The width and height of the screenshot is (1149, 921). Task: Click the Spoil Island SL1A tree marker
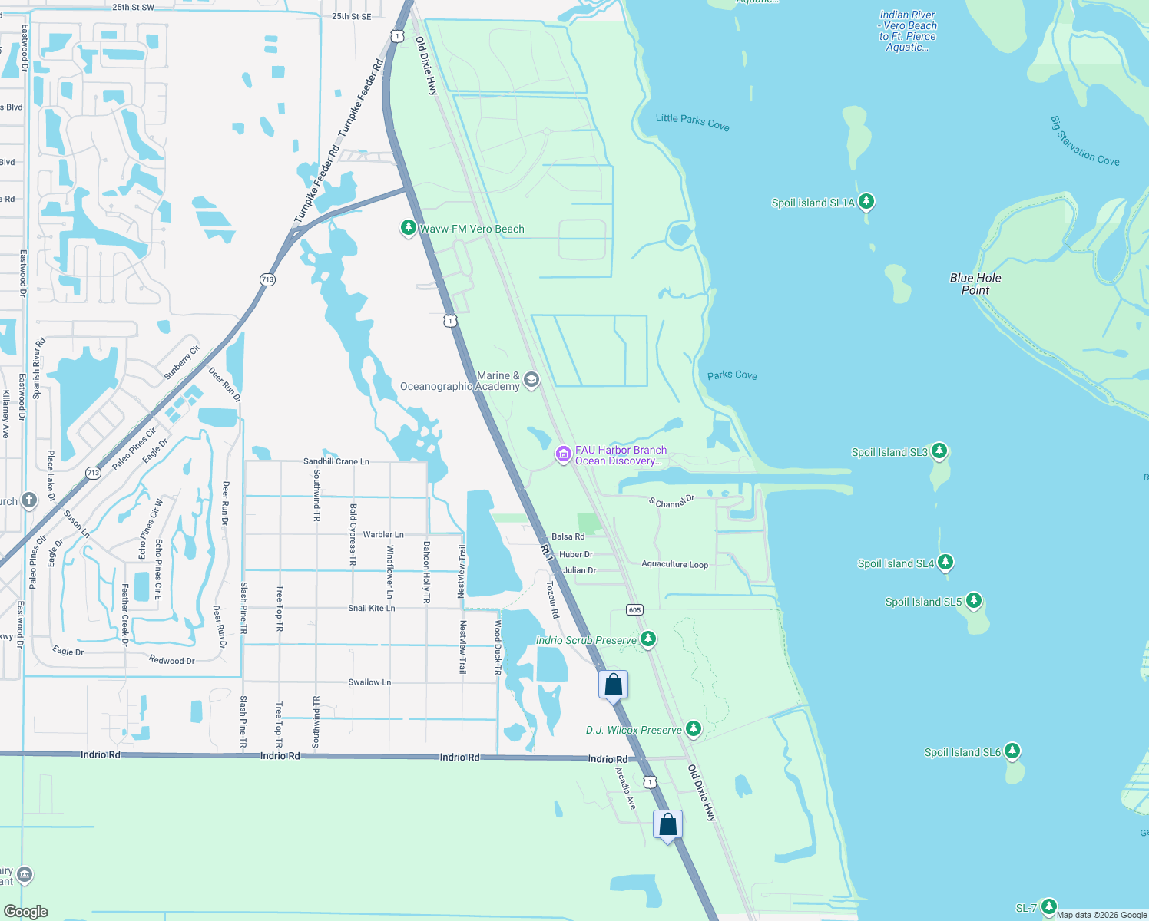coord(866,202)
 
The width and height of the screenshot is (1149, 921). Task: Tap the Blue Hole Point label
coord(975,284)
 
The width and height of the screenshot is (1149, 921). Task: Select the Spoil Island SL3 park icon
coord(939,451)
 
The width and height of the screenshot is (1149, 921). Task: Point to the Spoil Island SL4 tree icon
coord(945,563)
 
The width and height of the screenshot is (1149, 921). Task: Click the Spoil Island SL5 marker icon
coord(973,601)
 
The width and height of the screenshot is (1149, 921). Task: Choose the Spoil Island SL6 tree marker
coord(1012,751)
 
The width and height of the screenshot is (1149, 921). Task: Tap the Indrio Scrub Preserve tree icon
coord(648,639)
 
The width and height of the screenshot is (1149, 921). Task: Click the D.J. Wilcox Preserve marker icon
coord(694,729)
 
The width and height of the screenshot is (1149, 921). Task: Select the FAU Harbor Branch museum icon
coord(564,455)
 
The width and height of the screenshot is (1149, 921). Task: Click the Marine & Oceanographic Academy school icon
coord(531,381)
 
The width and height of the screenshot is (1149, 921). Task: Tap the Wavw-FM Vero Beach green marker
coord(409,228)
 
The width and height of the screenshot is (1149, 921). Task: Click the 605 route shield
coord(634,610)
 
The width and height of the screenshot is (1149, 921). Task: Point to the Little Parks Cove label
coord(692,122)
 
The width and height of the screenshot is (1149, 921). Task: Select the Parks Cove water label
coord(732,375)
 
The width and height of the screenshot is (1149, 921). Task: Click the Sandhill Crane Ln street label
coord(336,461)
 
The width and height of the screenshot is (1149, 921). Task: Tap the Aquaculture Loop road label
coord(674,564)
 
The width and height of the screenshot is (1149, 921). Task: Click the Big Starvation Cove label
coord(1084,141)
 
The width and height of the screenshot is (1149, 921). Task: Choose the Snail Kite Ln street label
coord(371,608)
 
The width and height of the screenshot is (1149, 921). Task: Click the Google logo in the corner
coord(25,912)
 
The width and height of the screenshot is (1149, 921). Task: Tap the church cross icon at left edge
coord(28,501)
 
